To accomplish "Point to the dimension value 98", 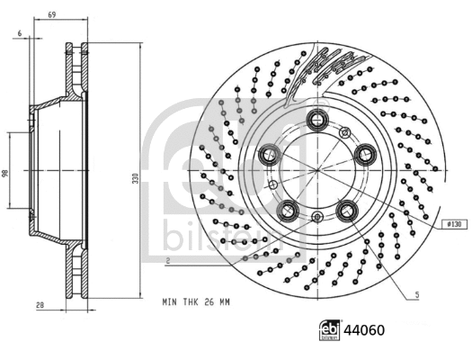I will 5,173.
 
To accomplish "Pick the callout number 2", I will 168,260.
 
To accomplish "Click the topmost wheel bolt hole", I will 317,118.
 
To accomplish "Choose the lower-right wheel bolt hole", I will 346,210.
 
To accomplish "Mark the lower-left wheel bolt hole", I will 288,211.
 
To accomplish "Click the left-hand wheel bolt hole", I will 270,155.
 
